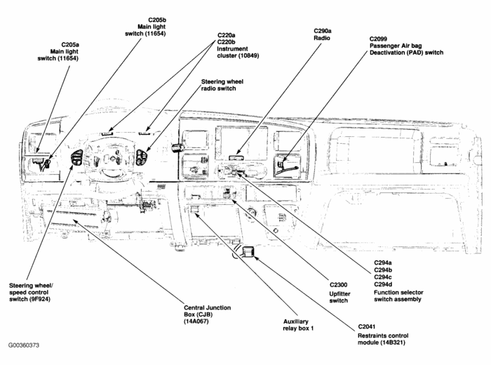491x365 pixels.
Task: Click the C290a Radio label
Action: tap(323, 36)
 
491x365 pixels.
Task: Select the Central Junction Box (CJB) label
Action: tap(207, 314)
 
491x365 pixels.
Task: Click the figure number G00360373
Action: tap(25, 345)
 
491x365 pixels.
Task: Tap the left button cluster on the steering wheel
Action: tap(76, 158)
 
